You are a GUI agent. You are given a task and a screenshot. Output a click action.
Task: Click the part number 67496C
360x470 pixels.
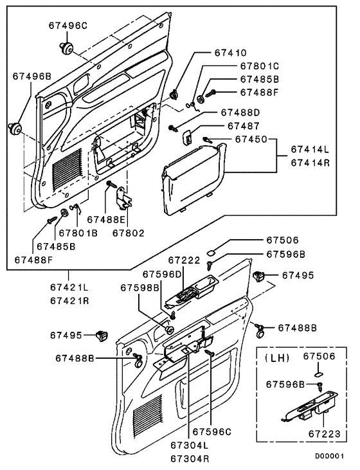67,26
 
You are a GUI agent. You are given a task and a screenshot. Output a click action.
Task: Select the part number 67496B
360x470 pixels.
32,77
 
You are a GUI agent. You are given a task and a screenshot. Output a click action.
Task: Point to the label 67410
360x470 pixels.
230,53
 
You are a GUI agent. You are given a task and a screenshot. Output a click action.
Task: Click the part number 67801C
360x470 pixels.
260,66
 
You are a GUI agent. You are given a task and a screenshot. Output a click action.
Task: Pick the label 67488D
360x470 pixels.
240,113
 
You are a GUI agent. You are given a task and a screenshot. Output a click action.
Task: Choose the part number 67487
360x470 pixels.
244,126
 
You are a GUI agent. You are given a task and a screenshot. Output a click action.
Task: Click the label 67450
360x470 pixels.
251,139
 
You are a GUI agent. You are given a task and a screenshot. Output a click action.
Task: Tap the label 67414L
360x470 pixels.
310,149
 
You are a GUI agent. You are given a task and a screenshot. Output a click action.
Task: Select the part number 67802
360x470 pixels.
129,233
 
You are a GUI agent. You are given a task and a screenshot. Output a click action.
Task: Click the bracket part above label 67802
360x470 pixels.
124,198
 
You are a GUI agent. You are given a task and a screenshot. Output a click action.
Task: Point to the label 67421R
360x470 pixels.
69,301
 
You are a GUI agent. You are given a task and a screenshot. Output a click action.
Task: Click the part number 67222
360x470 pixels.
184,260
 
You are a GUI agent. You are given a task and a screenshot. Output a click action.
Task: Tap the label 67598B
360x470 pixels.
139,287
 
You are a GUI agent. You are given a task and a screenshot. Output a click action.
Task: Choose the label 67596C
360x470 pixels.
212,431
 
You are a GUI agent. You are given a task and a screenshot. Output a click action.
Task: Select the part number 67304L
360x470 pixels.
190,445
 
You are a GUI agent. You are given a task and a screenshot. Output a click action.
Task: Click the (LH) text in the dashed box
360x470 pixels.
278,358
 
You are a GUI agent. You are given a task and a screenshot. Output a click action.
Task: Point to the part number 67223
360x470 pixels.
325,434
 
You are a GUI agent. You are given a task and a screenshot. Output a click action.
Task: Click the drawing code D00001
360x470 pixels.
329,456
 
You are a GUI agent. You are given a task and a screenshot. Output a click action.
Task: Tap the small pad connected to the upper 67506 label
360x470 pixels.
211,253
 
